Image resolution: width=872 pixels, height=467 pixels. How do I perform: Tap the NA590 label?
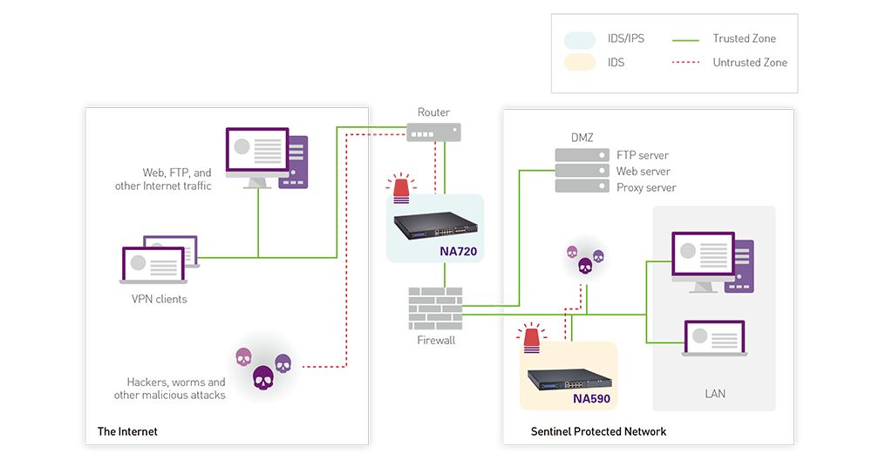pos(592,400)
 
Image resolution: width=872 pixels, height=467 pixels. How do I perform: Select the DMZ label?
pos(582,139)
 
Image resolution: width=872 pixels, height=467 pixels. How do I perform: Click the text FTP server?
pos(643,155)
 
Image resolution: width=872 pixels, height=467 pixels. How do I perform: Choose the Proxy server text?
pos(646,187)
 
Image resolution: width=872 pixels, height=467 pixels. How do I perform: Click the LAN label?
pos(715,394)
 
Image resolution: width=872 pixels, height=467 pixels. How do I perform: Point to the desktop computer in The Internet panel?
pos(266,157)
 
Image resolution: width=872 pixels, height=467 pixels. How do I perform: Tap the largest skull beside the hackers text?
pos(262,376)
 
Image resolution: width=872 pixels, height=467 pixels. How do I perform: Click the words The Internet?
pos(127,431)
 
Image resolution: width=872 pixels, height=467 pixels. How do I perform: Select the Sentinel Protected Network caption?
pos(598,431)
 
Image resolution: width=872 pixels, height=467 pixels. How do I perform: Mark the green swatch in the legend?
pos(681,38)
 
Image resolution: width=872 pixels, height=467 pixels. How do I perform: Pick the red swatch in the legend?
pos(681,64)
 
